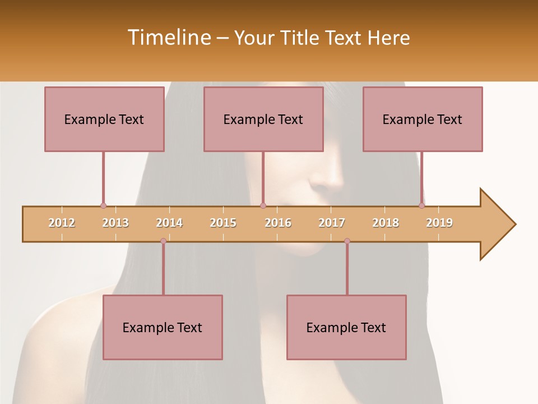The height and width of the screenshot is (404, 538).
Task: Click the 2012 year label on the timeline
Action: tap(62, 223)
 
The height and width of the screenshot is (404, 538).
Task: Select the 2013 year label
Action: tap(115, 223)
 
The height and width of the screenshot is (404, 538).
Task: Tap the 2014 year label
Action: tap(169, 223)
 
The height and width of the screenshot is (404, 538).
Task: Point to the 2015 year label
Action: tap(223, 223)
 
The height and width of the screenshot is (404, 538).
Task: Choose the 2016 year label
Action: tap(278, 223)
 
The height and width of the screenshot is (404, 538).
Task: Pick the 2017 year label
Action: tap(332, 223)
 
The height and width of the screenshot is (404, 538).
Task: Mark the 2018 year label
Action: tap(386, 223)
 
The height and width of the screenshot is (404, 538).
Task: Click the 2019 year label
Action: tap(439, 223)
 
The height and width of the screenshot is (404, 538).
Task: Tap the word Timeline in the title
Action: tap(169, 38)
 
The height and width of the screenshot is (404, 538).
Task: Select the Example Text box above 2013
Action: tap(104, 119)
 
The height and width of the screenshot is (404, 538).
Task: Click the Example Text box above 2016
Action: tap(263, 119)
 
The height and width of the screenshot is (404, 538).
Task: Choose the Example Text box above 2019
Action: tap(423, 119)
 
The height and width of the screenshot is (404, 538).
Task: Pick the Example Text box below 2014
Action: tap(163, 327)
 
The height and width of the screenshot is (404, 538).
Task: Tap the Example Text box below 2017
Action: tap(346, 327)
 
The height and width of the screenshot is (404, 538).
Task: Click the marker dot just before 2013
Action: tap(103, 206)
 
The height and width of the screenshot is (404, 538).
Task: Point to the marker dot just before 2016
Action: tap(263, 206)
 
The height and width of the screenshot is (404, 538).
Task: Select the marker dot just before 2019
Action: tap(422, 206)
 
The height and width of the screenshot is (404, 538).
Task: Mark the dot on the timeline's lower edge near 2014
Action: tap(163, 241)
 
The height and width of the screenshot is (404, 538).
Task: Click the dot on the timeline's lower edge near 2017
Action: tap(347, 241)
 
